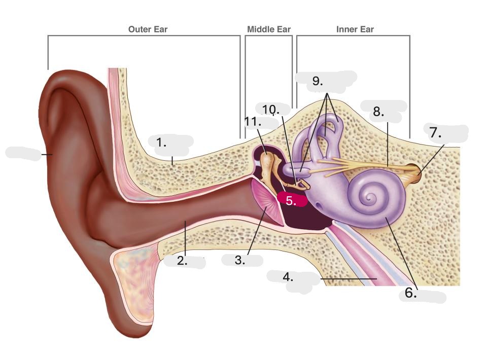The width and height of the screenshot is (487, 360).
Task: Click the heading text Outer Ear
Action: [x=148, y=29]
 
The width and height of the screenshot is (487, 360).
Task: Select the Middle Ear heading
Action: [x=269, y=29]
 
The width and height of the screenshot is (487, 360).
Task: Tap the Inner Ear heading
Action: [x=355, y=29]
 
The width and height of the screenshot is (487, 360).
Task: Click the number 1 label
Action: [x=162, y=143]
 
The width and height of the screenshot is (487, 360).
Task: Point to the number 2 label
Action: [x=182, y=261]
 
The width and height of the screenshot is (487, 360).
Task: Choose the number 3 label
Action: [x=240, y=261]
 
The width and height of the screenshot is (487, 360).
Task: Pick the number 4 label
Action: [x=288, y=277]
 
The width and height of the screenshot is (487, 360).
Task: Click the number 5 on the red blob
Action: [x=291, y=200]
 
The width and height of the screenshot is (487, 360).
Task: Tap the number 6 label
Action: [x=411, y=293]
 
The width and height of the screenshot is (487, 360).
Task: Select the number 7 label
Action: [x=435, y=133]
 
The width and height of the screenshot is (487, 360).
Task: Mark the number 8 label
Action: [x=378, y=112]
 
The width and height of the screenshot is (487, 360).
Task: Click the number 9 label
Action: [x=318, y=81]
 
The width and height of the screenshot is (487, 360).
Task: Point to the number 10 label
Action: [x=270, y=110]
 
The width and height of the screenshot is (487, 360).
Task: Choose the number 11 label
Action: [x=253, y=122]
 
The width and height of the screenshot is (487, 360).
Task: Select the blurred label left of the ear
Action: [x=23, y=154]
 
